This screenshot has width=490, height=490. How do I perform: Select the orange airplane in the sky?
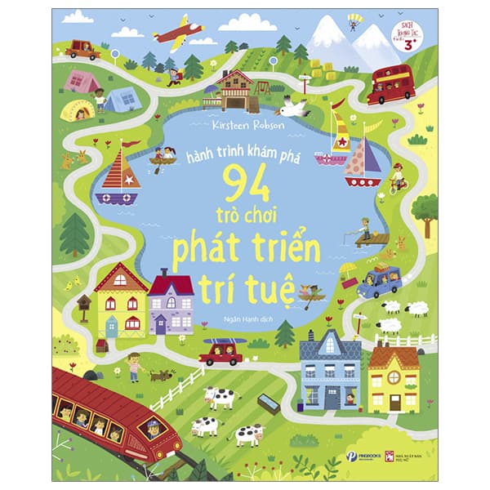pyautogui.click(x=178, y=32)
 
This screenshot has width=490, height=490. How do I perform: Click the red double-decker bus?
pyautogui.click(x=391, y=84)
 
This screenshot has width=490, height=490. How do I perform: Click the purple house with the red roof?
pyautogui.click(x=171, y=303)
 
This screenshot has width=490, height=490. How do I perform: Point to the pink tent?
pyautogui.click(x=82, y=80)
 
